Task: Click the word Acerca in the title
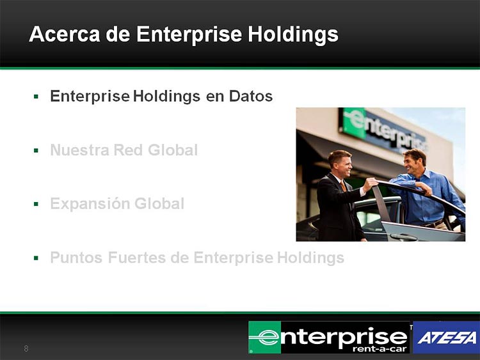(65, 34)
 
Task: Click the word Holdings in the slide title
(293, 35)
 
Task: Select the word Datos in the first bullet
(251, 96)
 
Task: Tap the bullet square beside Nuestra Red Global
(36, 150)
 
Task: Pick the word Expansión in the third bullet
(90, 204)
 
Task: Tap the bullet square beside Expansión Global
(36, 204)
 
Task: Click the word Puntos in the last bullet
(76, 258)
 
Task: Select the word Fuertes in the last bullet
(137, 258)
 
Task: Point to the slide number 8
(26, 348)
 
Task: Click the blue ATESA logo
(446, 338)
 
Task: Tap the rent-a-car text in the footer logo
(380, 349)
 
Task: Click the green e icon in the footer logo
(265, 338)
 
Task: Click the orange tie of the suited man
(343, 186)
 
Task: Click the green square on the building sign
(354, 123)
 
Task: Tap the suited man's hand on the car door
(371, 184)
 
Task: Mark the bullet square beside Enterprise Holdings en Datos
(36, 97)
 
